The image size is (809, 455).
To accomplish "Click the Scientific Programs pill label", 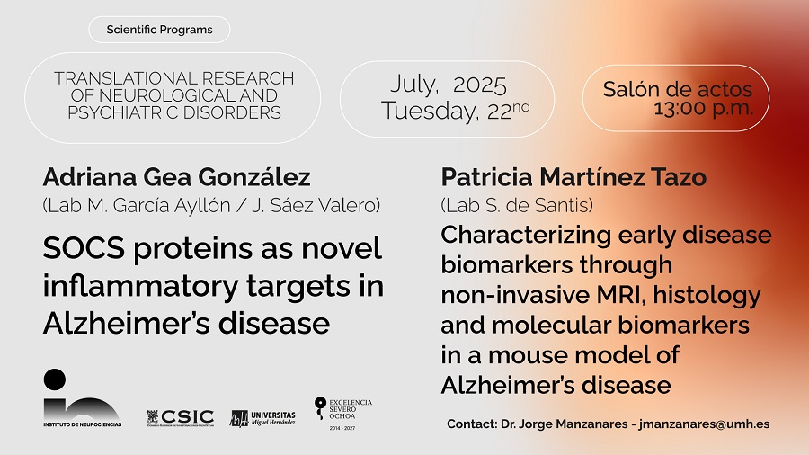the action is click(159, 30).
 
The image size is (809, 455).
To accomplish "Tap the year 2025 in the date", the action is click(480, 85).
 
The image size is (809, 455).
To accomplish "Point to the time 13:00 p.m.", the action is click(703, 109).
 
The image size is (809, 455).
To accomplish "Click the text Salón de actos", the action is click(678, 89).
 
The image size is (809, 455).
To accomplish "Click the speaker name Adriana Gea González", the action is click(176, 177).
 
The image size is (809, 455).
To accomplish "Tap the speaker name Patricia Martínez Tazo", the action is click(573, 177).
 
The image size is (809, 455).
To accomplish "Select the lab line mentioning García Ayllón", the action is click(211, 205).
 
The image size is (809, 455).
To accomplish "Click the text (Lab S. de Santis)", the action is click(517, 205).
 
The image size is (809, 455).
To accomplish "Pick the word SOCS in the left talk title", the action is click(84, 248).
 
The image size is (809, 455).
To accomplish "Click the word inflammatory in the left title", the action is click(141, 286).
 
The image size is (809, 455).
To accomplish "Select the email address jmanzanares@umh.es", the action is click(704, 424).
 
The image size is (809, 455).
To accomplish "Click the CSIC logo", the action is click(181, 417).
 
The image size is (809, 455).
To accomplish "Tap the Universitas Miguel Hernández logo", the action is click(262, 418).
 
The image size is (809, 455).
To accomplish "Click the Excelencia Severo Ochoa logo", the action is click(343, 414).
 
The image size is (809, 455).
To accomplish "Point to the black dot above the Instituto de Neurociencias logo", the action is click(54, 379).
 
